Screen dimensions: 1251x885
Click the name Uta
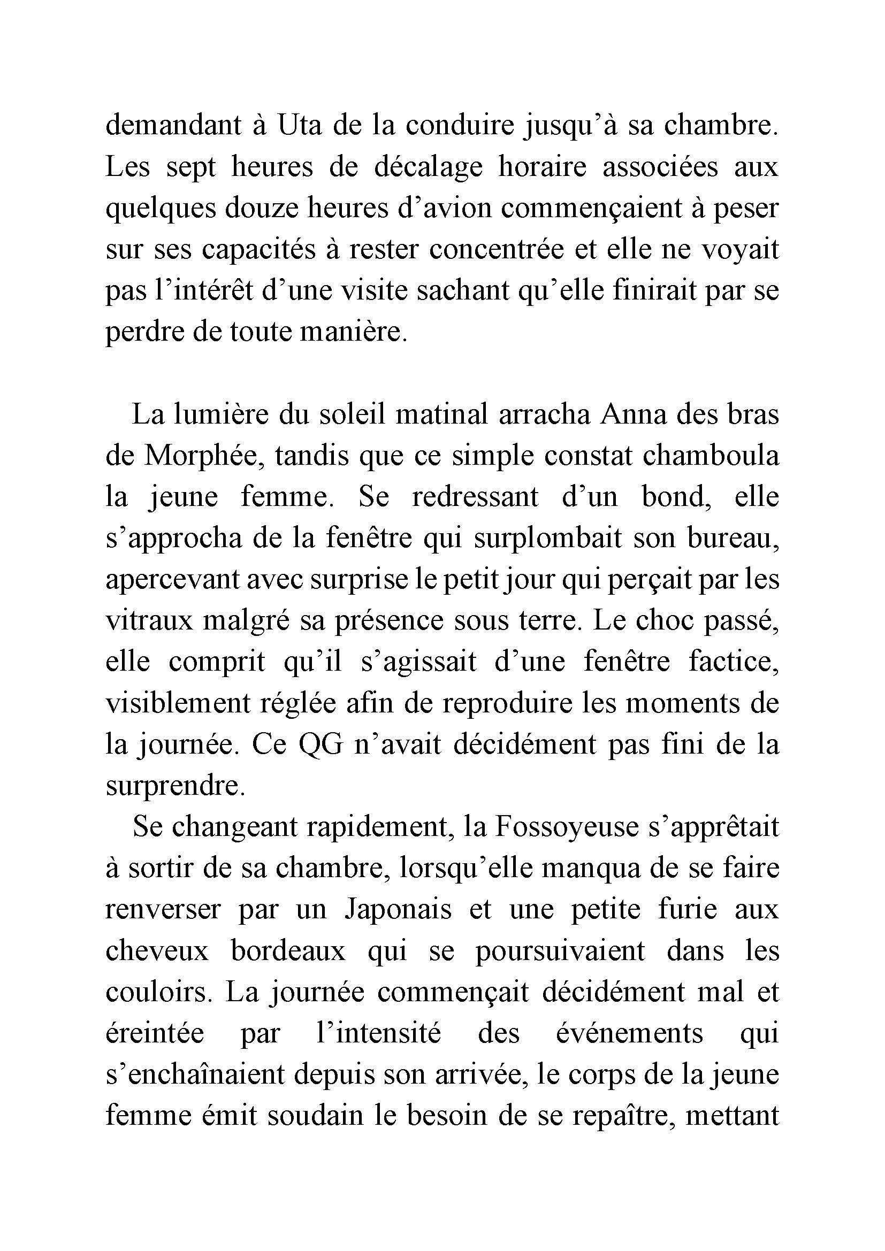point(297,125)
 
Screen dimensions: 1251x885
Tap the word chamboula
point(711,456)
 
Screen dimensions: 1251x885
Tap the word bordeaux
point(288,951)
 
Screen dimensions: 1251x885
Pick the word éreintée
point(155,1033)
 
